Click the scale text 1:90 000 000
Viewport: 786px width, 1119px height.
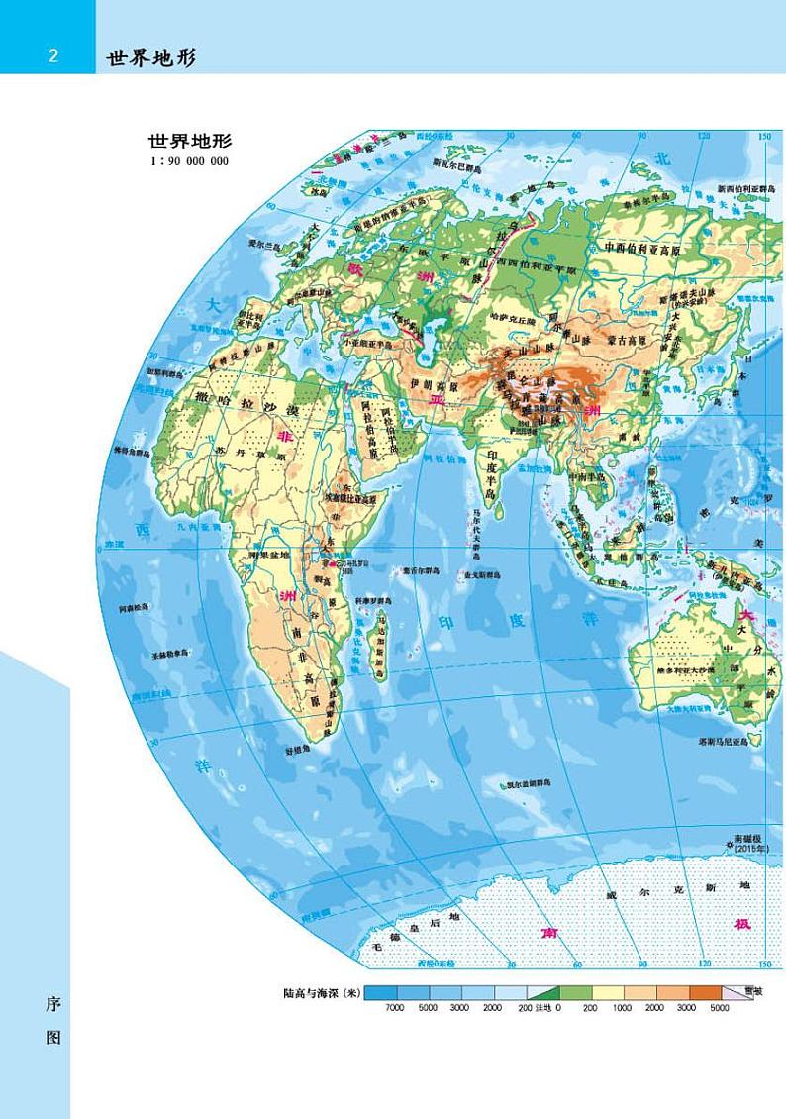click(188, 161)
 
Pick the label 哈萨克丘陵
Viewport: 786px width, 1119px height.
click(513, 321)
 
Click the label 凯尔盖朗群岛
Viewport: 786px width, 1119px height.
click(526, 782)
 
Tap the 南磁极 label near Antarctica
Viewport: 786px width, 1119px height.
click(744, 841)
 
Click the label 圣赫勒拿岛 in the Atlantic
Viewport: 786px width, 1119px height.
click(171, 654)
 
